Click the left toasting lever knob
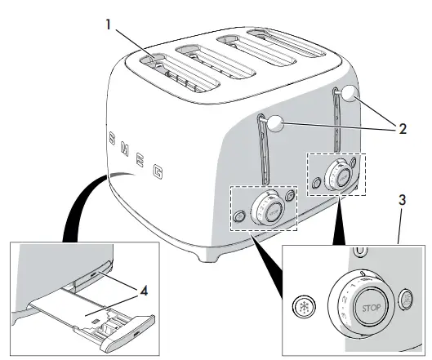275,124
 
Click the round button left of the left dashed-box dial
238,216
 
